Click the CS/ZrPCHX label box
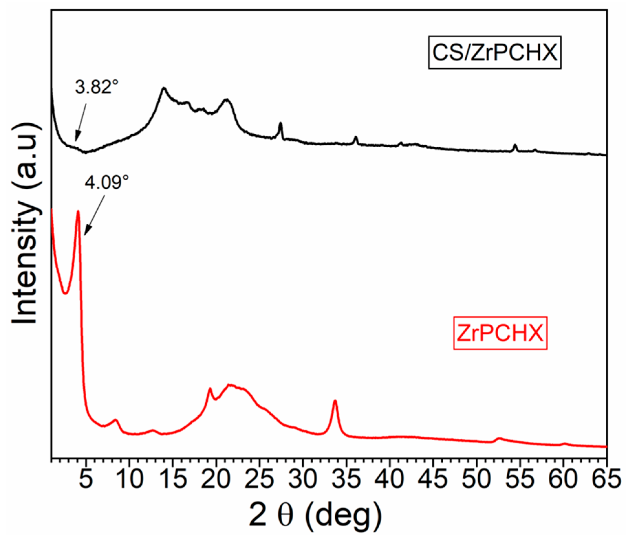point(494,52)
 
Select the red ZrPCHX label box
point(500,333)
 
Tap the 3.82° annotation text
point(97,87)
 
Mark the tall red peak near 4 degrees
point(78,212)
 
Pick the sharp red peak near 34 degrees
point(335,401)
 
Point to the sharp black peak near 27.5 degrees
point(280,124)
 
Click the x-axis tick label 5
point(86,479)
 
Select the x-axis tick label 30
point(302,479)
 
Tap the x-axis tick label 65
point(606,479)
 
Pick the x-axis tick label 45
point(433,479)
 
